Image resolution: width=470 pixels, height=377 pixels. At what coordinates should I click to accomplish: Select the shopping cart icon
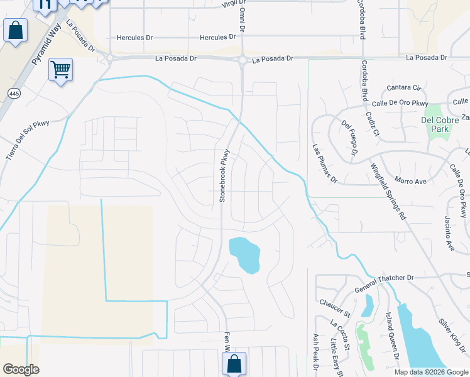click(60, 69)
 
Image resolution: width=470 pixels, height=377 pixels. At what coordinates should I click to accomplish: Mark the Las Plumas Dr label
click(325, 164)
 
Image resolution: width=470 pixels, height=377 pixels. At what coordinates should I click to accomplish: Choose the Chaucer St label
click(333, 307)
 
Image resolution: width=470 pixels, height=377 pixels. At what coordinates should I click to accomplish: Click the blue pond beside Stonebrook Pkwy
click(245, 254)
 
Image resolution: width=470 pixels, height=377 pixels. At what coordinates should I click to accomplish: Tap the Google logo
click(21, 369)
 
